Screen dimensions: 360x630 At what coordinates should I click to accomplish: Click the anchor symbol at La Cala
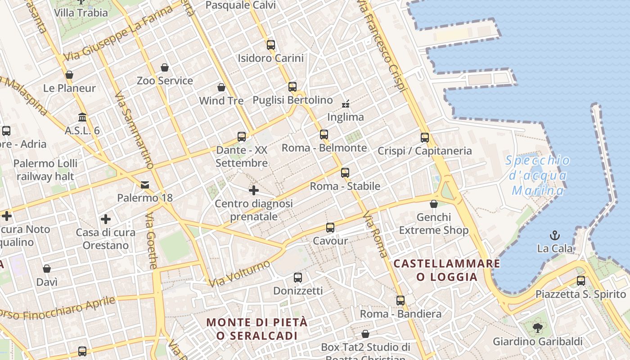555,235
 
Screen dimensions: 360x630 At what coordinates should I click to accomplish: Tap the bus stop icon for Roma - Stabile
345,172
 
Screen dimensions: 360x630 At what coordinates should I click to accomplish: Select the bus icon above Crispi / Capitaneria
425,138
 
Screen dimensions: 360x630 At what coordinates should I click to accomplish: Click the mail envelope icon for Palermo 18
145,184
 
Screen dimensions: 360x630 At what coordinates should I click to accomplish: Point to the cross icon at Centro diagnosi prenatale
254,190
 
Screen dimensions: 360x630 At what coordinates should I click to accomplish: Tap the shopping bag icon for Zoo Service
165,67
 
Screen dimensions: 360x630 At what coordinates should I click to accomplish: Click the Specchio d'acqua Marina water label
538,175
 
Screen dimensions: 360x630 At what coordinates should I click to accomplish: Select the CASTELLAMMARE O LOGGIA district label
447,270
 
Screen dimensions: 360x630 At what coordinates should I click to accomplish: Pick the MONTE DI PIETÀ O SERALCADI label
257,329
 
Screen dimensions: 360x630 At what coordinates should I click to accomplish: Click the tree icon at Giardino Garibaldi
537,328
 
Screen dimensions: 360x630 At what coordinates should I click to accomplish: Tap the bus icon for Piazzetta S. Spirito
581,281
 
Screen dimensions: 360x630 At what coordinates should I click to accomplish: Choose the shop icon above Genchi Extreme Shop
434,204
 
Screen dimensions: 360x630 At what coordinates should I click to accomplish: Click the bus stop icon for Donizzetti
297,278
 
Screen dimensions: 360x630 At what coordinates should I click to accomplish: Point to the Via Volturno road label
239,273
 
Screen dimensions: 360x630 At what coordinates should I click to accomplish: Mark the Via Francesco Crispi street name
382,45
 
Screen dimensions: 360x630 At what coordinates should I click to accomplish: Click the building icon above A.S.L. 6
82,117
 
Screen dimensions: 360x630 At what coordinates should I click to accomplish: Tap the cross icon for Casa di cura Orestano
106,219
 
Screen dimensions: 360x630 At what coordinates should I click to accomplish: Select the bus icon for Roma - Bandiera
400,300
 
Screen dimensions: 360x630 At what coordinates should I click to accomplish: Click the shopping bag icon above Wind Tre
221,87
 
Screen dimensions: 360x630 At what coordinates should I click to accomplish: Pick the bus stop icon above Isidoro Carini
270,45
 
